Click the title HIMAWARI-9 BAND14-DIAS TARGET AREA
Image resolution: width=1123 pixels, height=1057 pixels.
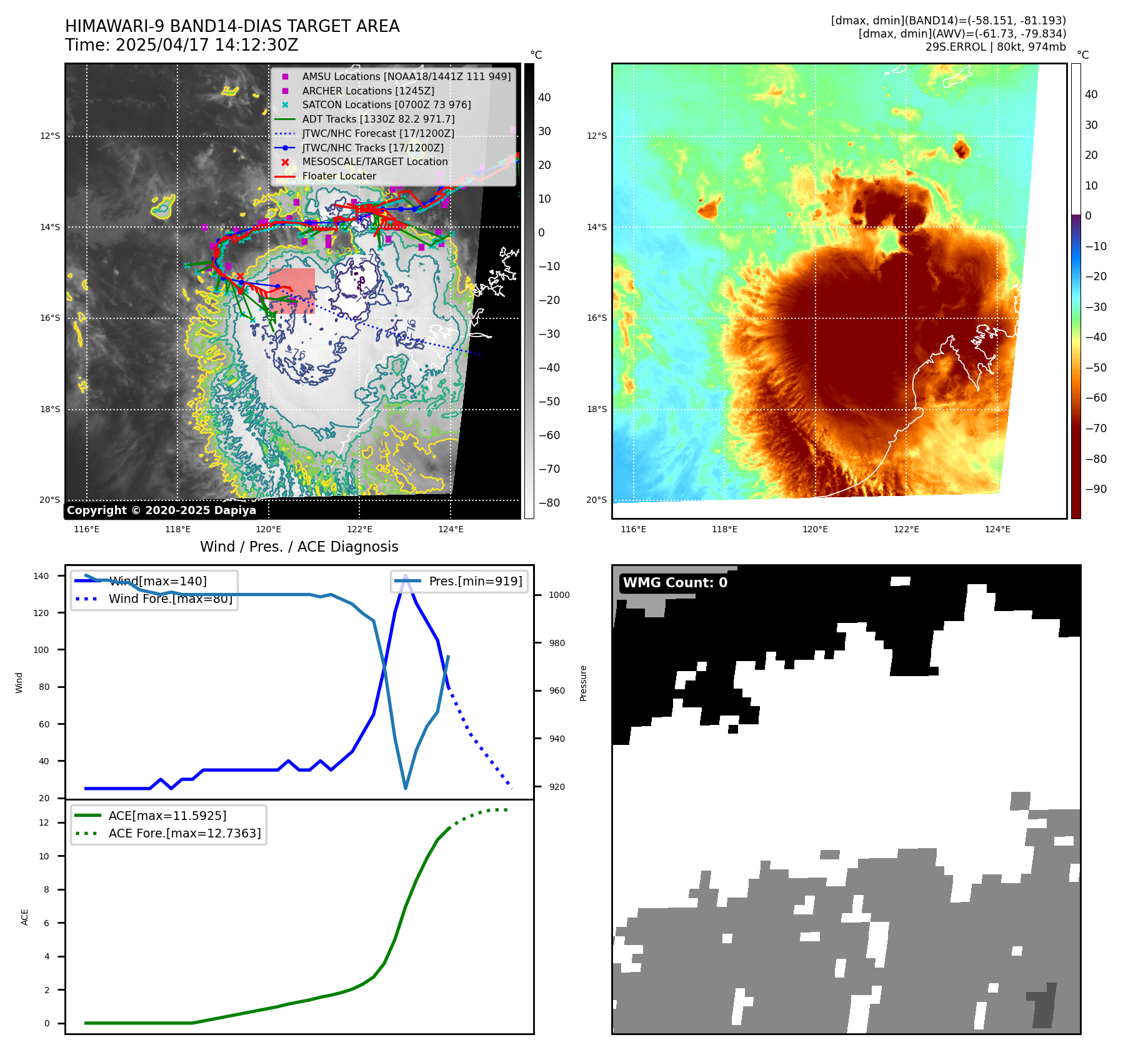point(232,26)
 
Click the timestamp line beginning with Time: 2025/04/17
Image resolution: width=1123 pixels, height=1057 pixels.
point(181,46)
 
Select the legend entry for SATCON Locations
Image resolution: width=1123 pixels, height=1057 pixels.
point(386,105)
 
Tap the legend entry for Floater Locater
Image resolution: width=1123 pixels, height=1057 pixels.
point(339,176)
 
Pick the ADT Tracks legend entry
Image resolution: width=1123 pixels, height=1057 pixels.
point(378,119)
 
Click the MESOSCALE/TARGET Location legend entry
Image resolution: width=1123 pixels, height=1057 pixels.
point(374,162)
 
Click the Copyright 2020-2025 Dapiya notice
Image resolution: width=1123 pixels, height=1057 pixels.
point(161,510)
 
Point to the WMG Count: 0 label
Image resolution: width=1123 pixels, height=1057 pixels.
point(675,583)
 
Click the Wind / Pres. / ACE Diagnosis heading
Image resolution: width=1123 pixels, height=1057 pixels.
point(299,547)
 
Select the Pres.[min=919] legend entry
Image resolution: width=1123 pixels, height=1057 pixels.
point(475,582)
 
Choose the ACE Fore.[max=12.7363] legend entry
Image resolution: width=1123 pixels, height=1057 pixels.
point(184,834)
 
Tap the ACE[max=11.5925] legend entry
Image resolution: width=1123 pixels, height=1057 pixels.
point(167,816)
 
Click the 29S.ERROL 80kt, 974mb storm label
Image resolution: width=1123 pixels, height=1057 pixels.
point(996,47)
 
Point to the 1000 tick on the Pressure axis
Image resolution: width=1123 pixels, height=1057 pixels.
point(559,595)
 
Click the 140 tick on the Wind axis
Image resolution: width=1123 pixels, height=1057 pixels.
point(41,577)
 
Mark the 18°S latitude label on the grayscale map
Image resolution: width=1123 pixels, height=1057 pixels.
point(50,410)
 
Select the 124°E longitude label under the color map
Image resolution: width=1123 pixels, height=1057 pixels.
point(997,530)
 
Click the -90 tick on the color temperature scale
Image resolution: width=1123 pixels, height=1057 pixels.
point(1096,489)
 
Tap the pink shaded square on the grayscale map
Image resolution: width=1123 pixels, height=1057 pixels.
point(292,290)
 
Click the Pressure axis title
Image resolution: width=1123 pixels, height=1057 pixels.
point(583,683)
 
